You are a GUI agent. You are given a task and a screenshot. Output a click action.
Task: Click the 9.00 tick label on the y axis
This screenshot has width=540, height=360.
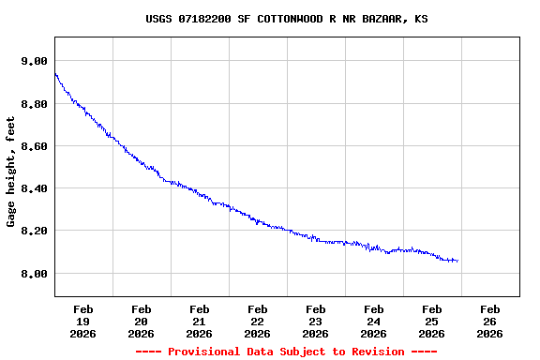click(x=34, y=61)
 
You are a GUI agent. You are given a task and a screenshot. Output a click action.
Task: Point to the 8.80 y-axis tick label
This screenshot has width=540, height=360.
click(x=34, y=104)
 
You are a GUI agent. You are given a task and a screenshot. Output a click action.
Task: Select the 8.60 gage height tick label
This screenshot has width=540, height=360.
click(x=34, y=146)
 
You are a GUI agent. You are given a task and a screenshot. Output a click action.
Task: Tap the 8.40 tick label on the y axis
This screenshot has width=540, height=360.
click(x=34, y=188)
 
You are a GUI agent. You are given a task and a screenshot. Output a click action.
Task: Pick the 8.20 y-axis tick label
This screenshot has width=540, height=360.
click(x=34, y=231)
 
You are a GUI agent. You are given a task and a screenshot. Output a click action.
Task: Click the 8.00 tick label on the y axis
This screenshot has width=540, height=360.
click(x=34, y=274)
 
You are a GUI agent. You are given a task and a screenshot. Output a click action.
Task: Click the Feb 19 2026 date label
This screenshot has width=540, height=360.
click(x=82, y=321)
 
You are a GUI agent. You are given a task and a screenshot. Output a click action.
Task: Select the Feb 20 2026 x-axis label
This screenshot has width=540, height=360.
click(x=141, y=321)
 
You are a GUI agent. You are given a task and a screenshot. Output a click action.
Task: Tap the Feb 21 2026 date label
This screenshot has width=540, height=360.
click(x=199, y=321)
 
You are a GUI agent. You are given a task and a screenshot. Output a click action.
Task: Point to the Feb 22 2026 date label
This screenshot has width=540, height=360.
click(x=257, y=321)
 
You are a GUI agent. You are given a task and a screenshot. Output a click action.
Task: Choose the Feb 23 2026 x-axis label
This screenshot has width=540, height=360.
click(x=315, y=321)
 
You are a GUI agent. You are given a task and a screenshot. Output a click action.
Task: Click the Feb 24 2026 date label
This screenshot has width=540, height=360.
click(x=373, y=321)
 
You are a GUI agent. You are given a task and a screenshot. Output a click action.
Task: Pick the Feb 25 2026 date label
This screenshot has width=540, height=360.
click(x=431, y=321)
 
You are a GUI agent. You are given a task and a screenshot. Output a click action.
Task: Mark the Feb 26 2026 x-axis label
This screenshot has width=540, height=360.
click(x=489, y=321)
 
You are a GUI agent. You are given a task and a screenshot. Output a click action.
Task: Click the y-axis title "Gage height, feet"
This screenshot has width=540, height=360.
click(x=11, y=172)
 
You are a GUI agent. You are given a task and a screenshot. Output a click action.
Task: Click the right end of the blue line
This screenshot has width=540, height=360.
click(x=457, y=261)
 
